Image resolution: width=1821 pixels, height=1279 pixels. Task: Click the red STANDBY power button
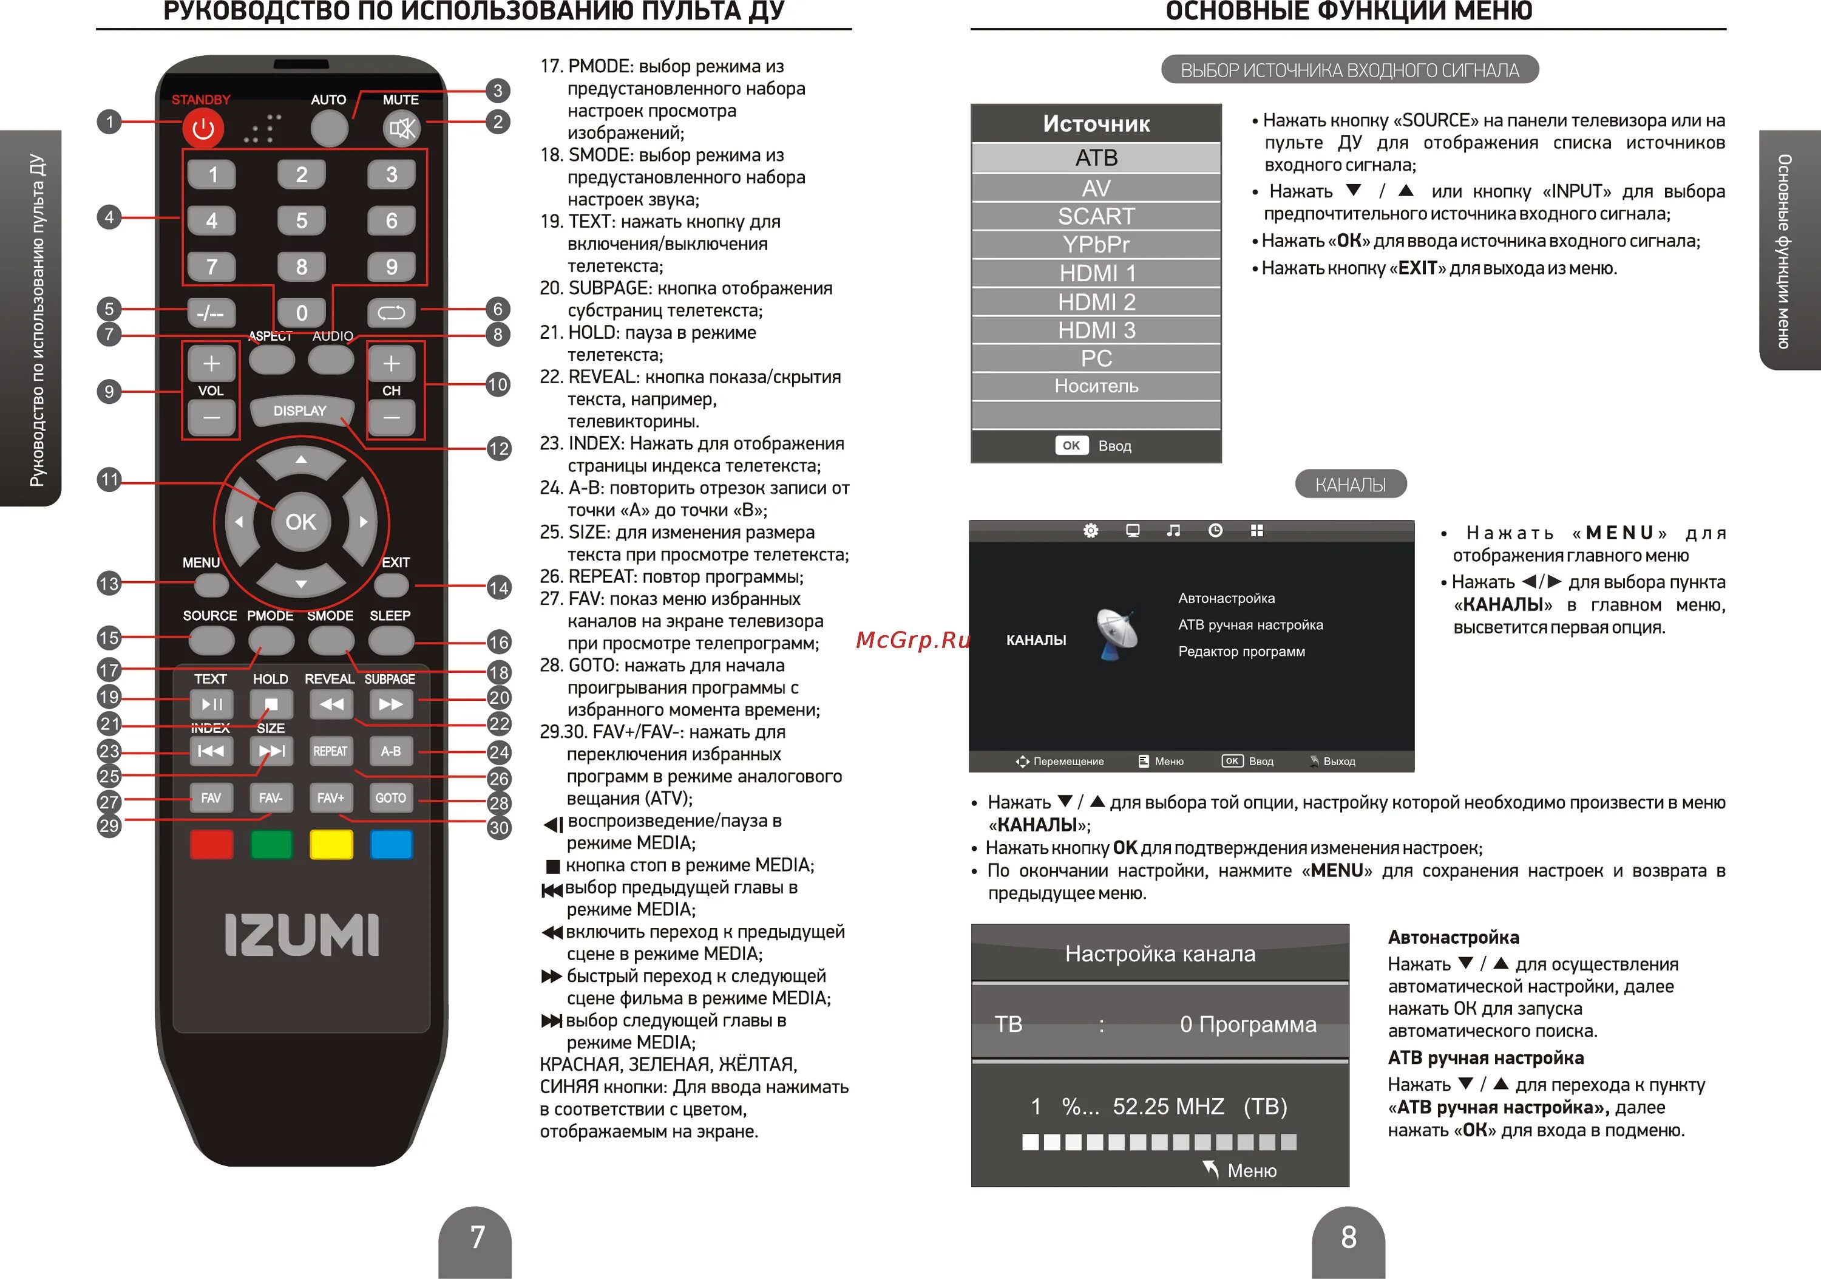click(203, 128)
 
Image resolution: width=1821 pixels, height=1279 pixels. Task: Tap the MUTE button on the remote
click(401, 128)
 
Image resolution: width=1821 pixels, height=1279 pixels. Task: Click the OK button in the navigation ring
click(300, 521)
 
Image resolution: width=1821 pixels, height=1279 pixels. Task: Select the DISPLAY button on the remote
click(300, 410)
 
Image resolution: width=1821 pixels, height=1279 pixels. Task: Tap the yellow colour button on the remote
click(331, 844)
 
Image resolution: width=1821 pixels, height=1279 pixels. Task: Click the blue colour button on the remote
click(391, 844)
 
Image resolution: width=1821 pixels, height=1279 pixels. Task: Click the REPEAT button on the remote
click(331, 751)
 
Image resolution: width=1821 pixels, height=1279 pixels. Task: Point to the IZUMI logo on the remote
click(302, 934)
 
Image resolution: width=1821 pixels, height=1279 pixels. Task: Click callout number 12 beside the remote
click(499, 448)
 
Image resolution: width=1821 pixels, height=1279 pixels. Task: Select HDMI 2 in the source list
click(1096, 301)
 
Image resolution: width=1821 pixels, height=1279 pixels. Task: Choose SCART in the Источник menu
click(1096, 216)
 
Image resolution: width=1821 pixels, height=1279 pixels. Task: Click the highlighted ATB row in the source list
click(1096, 158)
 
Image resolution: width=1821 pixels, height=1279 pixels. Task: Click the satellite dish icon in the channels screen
click(1117, 633)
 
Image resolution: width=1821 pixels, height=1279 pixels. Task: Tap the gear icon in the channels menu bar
click(1091, 530)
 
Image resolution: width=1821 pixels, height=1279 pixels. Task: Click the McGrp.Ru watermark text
click(914, 639)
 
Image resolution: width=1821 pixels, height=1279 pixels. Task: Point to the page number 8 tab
click(1348, 1241)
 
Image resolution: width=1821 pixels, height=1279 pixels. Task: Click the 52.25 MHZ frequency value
click(1168, 1106)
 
